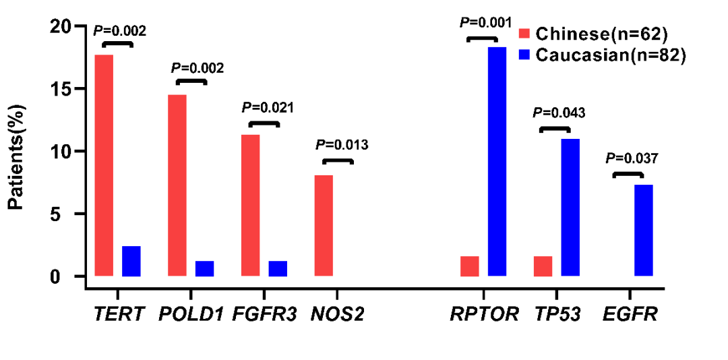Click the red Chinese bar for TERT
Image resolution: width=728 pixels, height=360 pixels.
pos(104,165)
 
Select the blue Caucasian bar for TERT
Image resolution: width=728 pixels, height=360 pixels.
pos(131,261)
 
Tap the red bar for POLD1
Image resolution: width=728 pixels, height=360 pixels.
pos(177,185)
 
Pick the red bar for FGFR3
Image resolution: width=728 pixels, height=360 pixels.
pos(250,205)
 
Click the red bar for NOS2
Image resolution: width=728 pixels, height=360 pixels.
pos(324,225)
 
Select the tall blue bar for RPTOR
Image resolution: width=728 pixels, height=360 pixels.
pos(497,161)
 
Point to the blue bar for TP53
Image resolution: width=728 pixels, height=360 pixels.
pos(570,207)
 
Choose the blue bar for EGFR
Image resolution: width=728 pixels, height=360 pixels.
pos(644,230)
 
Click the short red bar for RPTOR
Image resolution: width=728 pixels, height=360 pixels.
pos(470,266)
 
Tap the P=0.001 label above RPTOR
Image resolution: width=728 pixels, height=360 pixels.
pos(483,22)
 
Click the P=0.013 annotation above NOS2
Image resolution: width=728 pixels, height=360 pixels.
pos(342,144)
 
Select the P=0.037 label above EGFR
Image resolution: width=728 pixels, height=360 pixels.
pos(631,158)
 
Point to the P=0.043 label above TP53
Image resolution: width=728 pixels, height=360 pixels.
pos(559,113)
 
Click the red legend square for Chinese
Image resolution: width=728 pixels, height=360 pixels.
pos(525,34)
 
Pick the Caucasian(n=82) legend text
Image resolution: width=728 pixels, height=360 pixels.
pos(611,55)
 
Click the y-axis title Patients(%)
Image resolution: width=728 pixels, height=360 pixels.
pos(18,156)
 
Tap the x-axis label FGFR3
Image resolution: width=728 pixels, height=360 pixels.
pos(264,314)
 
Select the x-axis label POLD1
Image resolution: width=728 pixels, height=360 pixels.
pos(191,314)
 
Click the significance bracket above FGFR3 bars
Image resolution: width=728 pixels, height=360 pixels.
pos(264,124)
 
